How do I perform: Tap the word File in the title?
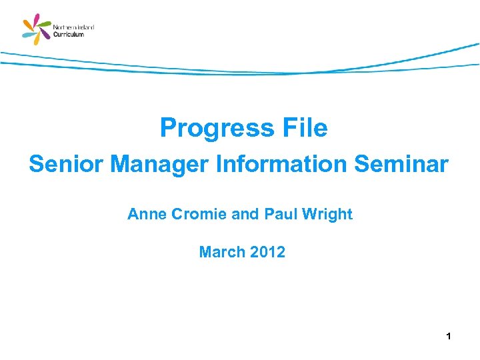click(x=303, y=128)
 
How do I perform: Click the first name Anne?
click(x=145, y=215)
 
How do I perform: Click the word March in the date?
click(x=221, y=252)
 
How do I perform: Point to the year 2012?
click(x=267, y=252)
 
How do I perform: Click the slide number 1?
click(x=449, y=337)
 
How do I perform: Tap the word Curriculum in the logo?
click(x=69, y=35)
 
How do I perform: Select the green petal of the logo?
click(x=45, y=24)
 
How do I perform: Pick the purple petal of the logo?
click(x=45, y=34)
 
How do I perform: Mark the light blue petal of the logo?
click(x=28, y=35)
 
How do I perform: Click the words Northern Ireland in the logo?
click(x=73, y=27)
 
